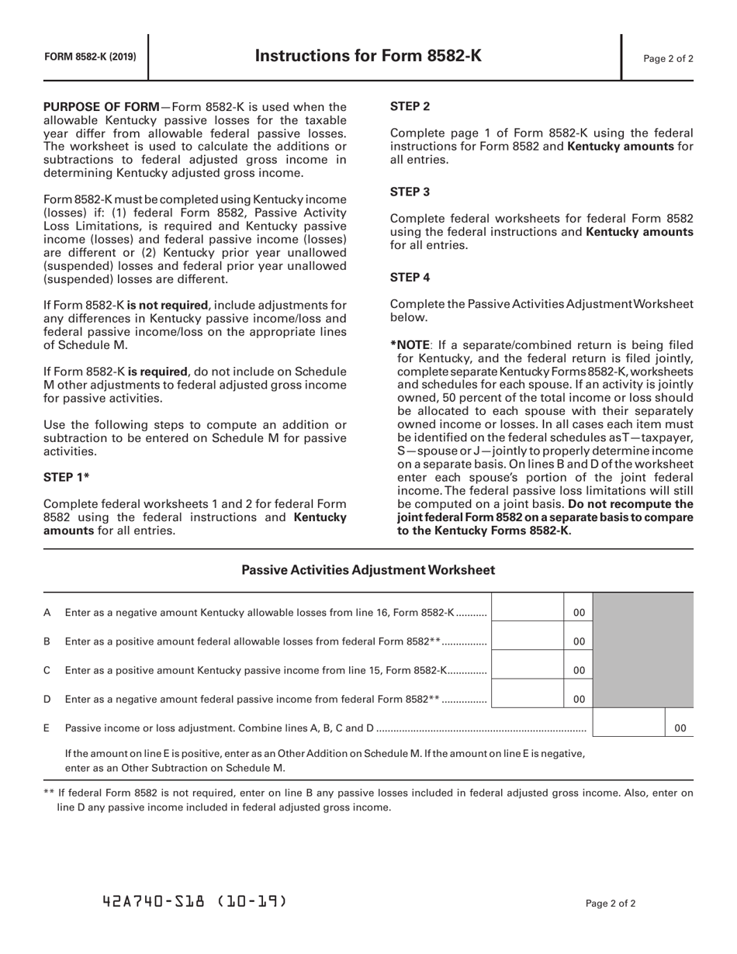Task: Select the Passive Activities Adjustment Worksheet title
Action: [x=368, y=570]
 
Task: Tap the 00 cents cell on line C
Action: [x=579, y=670]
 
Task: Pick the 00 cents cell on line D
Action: [x=579, y=699]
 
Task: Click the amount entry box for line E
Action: [x=629, y=728]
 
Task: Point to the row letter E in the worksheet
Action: [x=47, y=728]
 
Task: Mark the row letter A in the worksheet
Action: [x=47, y=613]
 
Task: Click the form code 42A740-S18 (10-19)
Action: [x=194, y=901]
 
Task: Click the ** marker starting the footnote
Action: [x=49, y=793]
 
